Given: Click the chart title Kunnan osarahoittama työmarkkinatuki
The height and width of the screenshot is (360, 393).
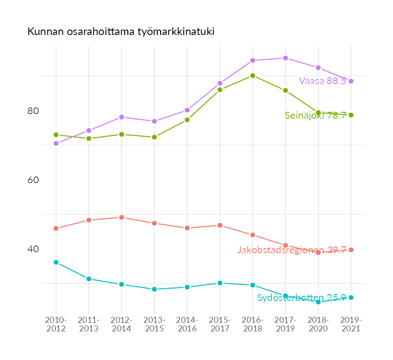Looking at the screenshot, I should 121,32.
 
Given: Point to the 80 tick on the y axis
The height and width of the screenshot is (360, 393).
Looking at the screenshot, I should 33,111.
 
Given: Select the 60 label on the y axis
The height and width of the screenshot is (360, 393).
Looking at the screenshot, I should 33,180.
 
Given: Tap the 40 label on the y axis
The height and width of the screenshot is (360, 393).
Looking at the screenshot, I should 33,249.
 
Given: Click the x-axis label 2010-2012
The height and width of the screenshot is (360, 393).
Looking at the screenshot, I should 56,324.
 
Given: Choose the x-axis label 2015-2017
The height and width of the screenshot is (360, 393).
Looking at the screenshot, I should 220,324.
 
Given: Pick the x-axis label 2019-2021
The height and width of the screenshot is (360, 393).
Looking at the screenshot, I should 351,324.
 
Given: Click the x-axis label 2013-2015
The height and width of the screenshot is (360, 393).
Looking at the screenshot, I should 154,324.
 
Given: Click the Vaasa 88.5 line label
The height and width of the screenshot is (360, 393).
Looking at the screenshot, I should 322,81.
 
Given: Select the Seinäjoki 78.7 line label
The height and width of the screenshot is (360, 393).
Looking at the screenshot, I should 316,115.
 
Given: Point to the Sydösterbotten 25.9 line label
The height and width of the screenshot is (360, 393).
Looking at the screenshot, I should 302,298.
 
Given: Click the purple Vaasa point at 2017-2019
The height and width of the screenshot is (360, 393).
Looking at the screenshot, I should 285,58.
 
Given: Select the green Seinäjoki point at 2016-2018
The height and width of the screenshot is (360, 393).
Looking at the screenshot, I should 252,75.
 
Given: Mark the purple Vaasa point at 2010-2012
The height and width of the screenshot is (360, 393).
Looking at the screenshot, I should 56,143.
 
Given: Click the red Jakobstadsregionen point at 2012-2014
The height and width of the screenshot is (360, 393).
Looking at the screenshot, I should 121,217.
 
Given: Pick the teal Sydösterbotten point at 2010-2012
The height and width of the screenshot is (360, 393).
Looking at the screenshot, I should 56,262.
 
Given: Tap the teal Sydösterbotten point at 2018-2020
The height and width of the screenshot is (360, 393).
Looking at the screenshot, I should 318,302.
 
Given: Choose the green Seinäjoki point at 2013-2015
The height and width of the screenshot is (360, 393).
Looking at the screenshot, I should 154,137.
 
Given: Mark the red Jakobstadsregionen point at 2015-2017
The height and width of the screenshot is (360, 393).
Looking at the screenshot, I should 220,225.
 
